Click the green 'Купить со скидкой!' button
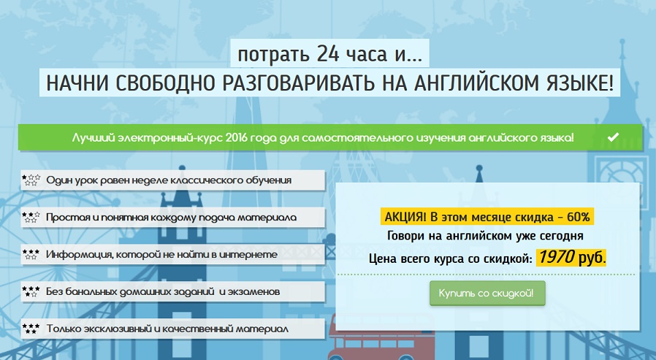(487, 293)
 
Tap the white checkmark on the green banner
(613, 137)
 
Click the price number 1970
(557, 258)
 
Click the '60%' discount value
(578, 217)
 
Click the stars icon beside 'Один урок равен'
(31, 180)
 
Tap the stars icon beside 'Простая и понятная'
(31, 218)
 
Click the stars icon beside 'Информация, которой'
(31, 255)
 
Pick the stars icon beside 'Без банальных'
(31, 292)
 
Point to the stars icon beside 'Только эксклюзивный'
(31, 329)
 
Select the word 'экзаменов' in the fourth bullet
(255, 292)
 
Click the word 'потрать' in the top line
(266, 54)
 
